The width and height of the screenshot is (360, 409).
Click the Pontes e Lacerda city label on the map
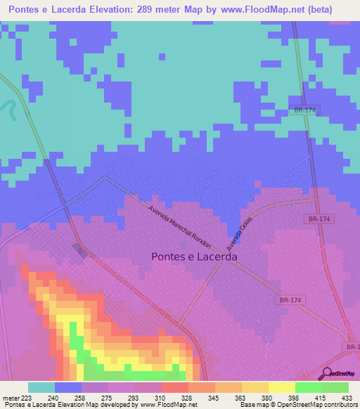(194, 257)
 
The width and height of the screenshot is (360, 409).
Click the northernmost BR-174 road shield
(304, 110)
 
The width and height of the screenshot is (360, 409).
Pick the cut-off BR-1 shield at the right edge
(352, 347)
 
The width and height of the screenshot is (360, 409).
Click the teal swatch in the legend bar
(41, 387)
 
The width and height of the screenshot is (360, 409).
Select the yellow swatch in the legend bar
(281, 387)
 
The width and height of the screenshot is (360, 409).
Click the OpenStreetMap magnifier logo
(326, 373)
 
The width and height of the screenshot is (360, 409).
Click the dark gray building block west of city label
(79, 251)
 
